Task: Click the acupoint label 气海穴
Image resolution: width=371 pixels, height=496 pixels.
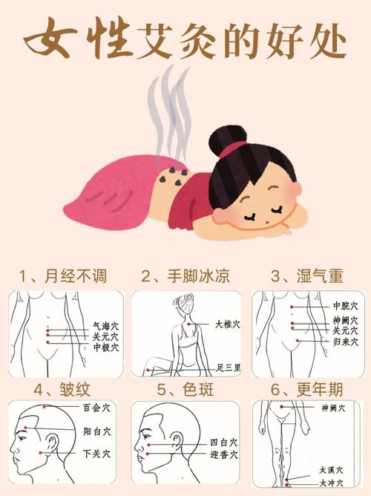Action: [105, 324]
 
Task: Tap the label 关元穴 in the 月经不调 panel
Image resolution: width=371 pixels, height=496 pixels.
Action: [105, 336]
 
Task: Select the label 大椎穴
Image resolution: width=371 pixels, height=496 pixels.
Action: [228, 324]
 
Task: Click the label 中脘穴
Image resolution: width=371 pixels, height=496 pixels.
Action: [345, 305]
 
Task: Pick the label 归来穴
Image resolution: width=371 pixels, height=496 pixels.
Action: [345, 342]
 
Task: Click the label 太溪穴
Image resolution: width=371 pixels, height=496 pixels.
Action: [332, 470]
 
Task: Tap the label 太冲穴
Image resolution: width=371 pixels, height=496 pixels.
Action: [332, 483]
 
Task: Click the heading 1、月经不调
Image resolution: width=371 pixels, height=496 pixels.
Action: [62, 277]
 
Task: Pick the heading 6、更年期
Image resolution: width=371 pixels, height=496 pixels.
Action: [307, 389]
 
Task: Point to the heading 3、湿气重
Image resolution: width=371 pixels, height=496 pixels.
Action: [307, 277]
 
